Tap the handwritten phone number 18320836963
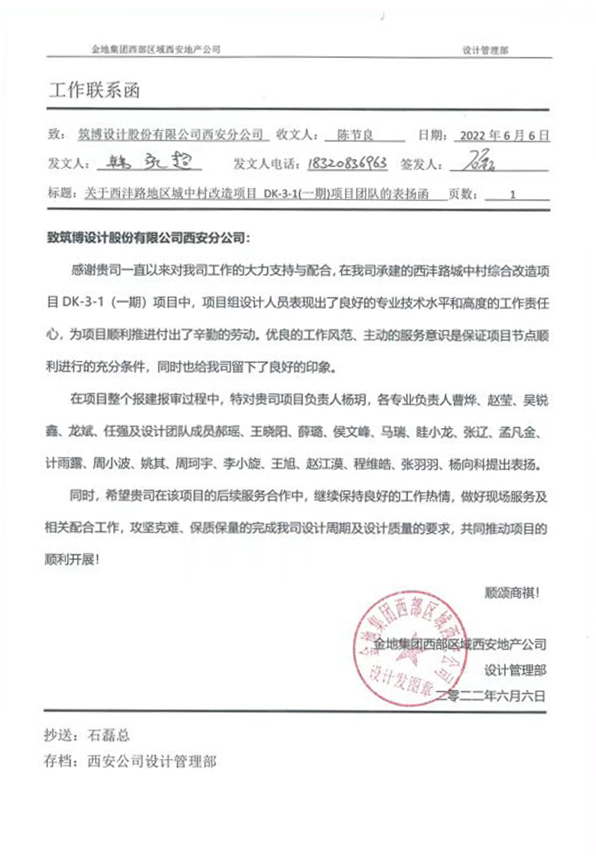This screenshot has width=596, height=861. [348, 163]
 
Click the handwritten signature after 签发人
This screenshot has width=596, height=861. [481, 161]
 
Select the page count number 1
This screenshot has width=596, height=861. [513, 195]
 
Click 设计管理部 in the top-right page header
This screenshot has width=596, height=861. [486, 50]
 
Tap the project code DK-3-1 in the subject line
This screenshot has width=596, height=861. [284, 195]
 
